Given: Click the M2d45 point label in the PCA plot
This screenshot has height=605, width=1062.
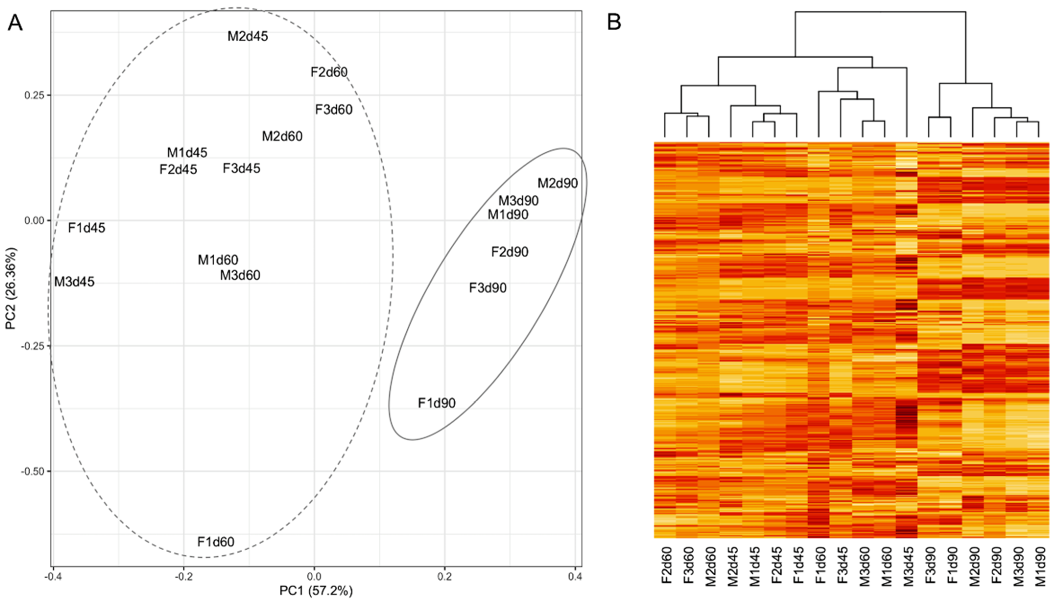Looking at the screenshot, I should [248, 36].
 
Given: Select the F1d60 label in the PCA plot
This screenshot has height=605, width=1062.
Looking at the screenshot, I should [216, 542].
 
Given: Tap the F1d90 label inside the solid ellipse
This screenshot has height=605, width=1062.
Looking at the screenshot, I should [437, 403].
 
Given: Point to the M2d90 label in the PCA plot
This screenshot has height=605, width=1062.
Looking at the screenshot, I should [558, 183].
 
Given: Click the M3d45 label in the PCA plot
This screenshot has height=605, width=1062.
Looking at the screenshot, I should [74, 282].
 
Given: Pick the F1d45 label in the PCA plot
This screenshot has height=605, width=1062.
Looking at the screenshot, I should [87, 228].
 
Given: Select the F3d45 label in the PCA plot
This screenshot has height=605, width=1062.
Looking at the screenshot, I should [242, 168].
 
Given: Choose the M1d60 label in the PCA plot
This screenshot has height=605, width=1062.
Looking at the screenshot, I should [218, 260].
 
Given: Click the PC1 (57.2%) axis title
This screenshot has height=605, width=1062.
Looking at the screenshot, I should [316, 591].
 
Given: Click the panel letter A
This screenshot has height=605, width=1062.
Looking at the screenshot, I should [15, 23].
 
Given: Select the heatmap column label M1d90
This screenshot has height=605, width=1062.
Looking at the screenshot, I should [1039, 566].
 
